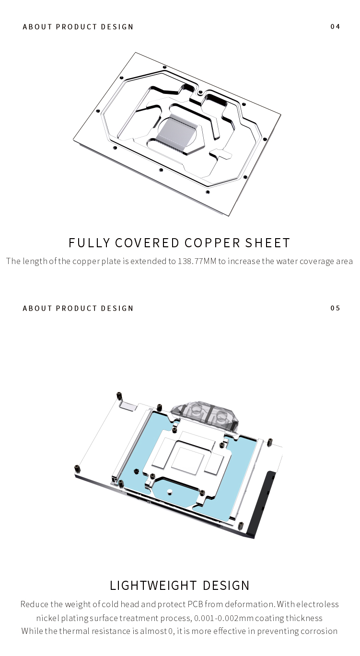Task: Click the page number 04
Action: coord(335,27)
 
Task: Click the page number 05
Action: coord(335,308)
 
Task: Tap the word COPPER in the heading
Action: coord(212,243)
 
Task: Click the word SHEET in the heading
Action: coord(267,243)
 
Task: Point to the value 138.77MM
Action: coord(197,261)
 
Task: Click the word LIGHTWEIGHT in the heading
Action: coord(153,586)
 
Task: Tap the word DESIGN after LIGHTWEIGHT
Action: coord(226,586)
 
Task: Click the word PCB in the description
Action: coord(196,604)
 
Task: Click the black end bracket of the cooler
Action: coord(262,504)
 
